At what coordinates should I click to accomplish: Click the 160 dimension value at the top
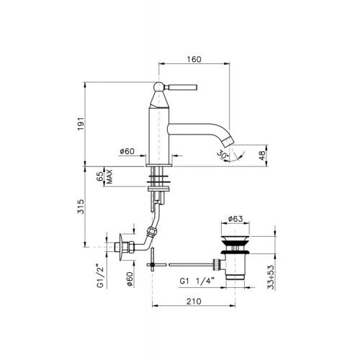coord(194,59)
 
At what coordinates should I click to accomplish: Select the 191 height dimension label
coord(81,124)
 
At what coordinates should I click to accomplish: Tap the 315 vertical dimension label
coord(81,207)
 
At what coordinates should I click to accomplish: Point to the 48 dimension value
coord(262,156)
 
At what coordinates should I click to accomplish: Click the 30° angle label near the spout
coord(222,155)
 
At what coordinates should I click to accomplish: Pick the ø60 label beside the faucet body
coord(127,151)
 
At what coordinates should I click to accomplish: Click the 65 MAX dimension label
coord(105,176)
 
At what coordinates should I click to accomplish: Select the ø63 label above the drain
coord(235,219)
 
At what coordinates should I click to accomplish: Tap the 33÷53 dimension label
coord(271,277)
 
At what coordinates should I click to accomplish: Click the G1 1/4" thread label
coord(197,281)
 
